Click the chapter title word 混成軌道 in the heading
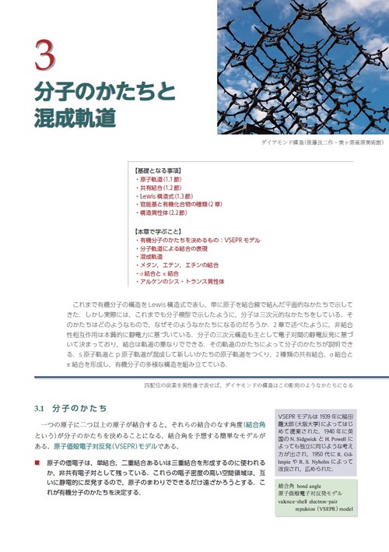75,117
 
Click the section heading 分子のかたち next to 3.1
79,408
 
